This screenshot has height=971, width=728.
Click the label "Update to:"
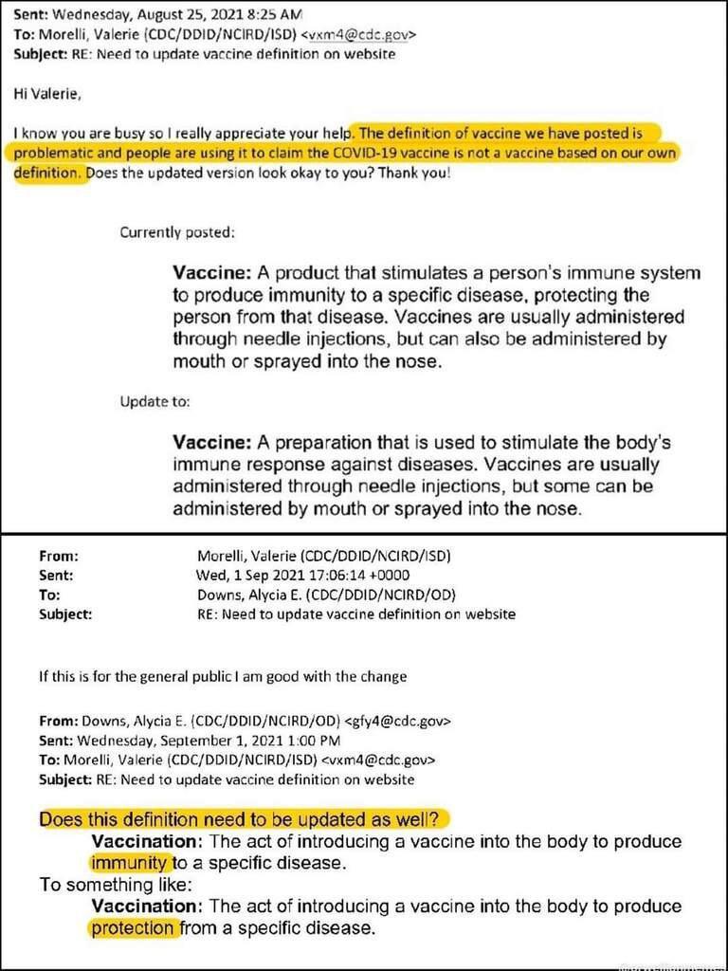click(x=155, y=402)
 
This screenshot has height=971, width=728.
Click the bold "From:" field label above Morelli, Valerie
click(x=58, y=557)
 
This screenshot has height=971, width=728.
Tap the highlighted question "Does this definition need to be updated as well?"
click(x=243, y=819)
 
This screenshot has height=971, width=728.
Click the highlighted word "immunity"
click(x=131, y=863)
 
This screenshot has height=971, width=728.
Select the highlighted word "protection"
click(x=134, y=927)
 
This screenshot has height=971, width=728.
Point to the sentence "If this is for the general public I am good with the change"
click(x=223, y=677)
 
